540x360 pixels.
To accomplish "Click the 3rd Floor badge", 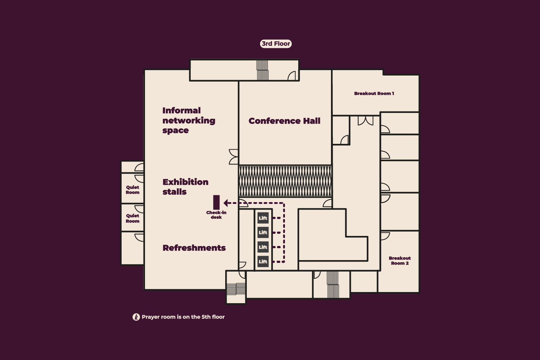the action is [x=276, y=44].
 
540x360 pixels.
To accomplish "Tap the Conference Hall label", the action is [x=285, y=121].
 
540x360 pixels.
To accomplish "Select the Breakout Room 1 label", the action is [x=374, y=94].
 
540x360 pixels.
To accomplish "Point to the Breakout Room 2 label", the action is [x=400, y=261].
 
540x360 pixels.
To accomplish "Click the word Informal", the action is [x=182, y=110].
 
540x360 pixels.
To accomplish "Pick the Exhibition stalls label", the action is [x=185, y=187].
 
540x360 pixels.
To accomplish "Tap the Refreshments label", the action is [x=194, y=248].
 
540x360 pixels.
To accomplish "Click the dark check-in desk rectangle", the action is [x=217, y=202].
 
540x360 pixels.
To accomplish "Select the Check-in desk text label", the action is [x=216, y=215].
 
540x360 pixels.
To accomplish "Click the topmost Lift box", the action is [x=263, y=218].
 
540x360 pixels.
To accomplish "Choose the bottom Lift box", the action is [x=263, y=261].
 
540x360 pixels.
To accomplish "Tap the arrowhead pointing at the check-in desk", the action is [x=226, y=203].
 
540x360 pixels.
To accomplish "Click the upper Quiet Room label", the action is [x=133, y=190].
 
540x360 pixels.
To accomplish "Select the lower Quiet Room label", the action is [x=133, y=218].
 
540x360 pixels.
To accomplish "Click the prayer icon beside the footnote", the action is [x=136, y=317].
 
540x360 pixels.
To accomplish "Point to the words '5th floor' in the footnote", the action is [x=213, y=317].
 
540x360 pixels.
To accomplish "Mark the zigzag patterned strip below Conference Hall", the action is [x=285, y=181].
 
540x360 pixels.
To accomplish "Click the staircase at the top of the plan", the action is [x=262, y=70].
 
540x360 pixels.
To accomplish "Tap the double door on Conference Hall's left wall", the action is [x=233, y=157].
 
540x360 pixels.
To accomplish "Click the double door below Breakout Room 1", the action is [x=366, y=120].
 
